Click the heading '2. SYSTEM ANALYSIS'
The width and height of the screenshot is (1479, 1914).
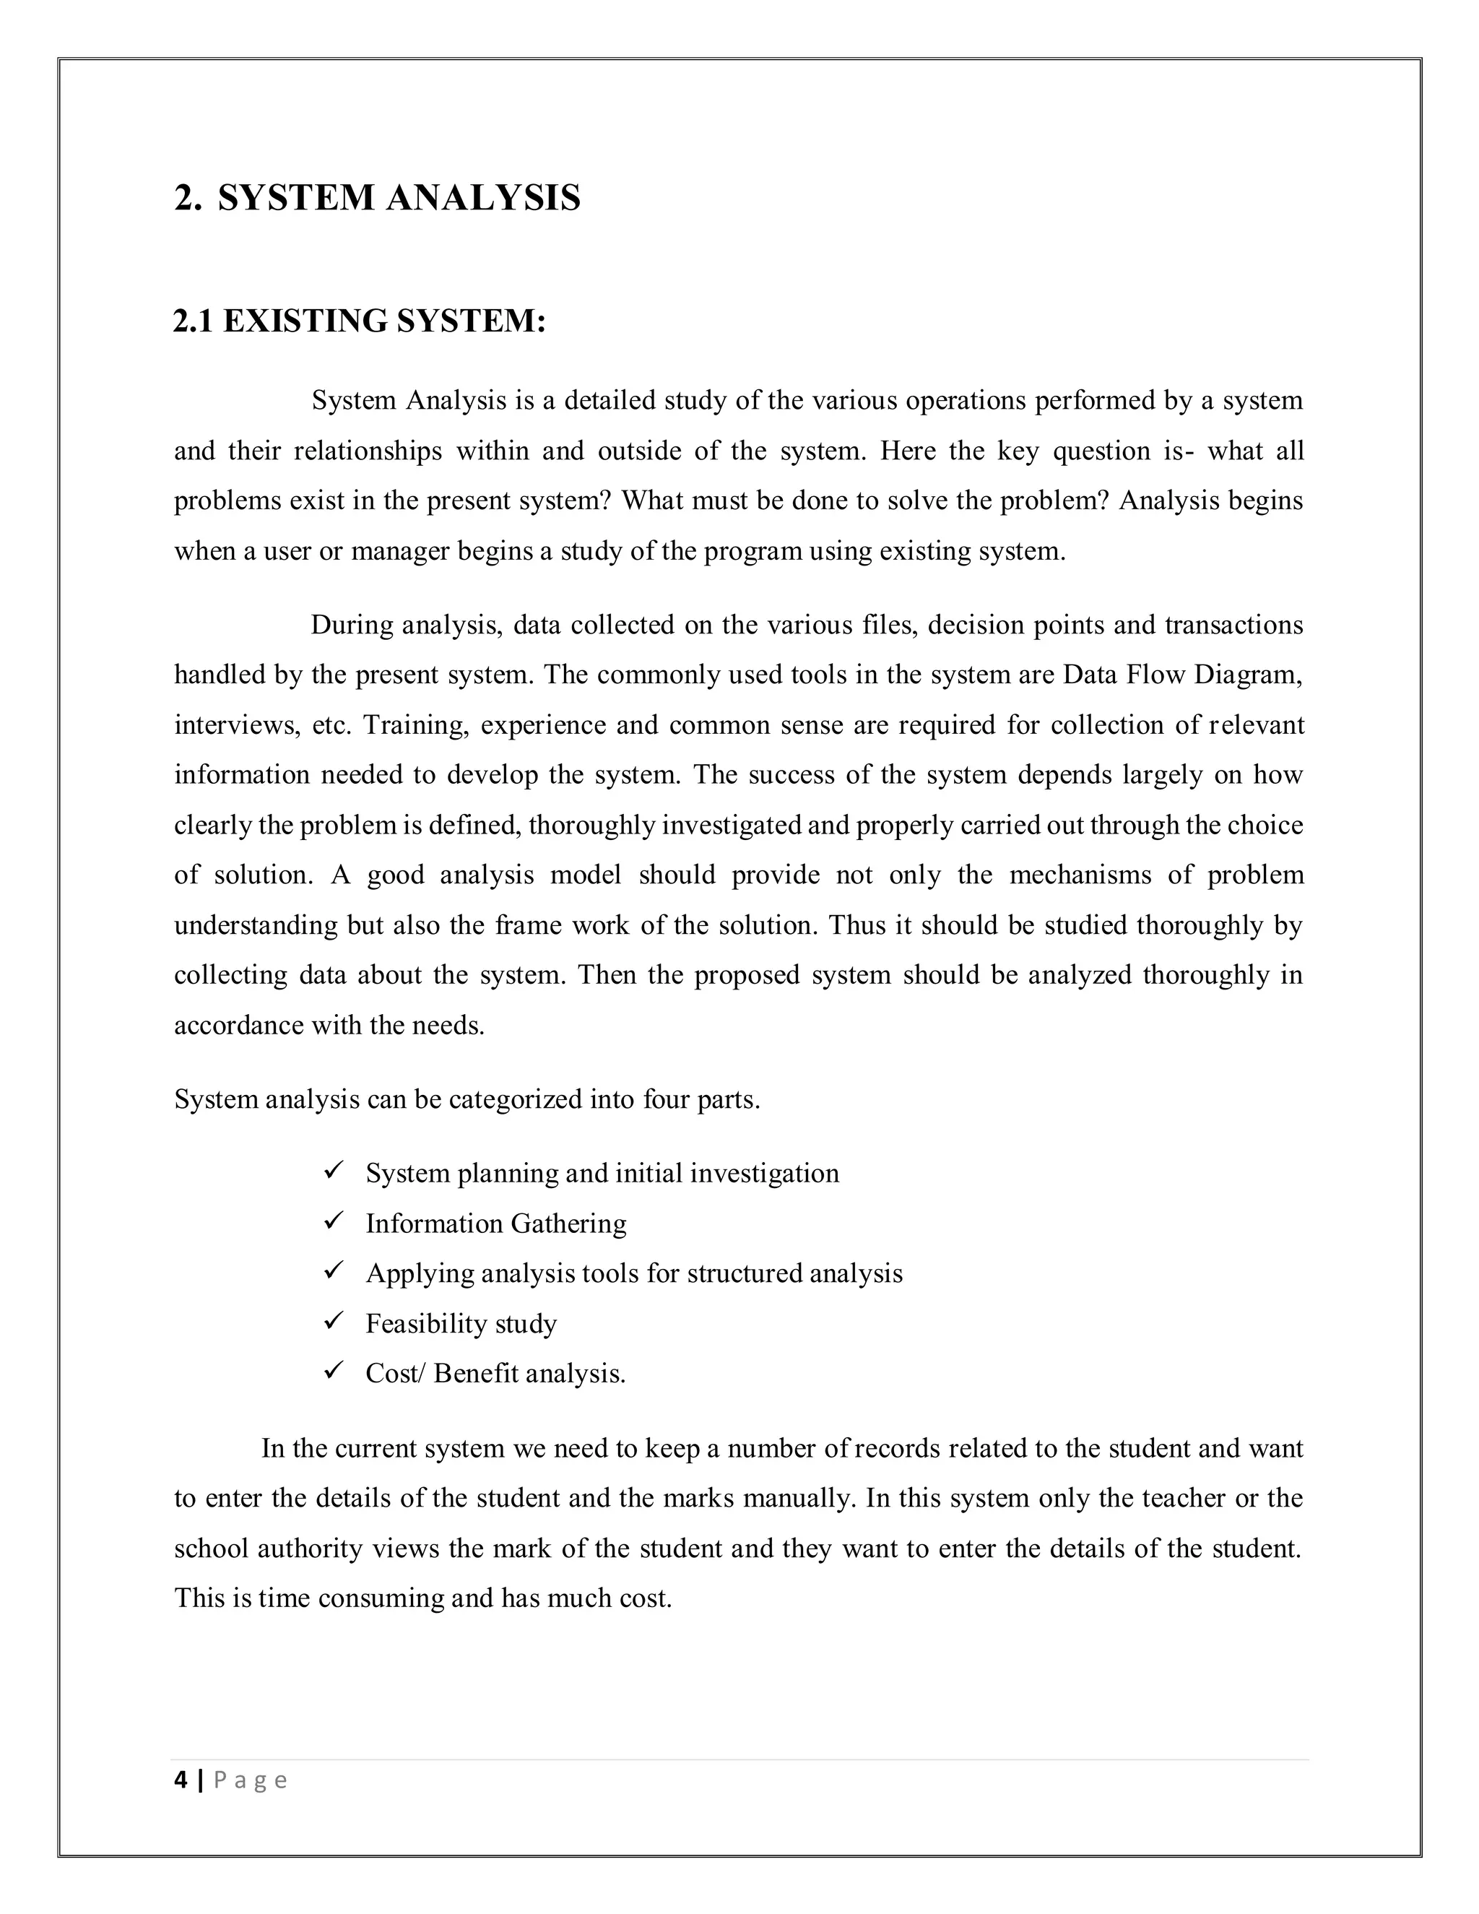click(377, 198)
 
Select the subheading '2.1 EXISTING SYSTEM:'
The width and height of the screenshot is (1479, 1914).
click(359, 321)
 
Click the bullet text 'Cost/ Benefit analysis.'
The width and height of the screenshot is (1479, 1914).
click(495, 1373)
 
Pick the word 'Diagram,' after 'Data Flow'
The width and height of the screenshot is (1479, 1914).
click(1259, 675)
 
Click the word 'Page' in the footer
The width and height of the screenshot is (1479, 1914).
click(251, 1781)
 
